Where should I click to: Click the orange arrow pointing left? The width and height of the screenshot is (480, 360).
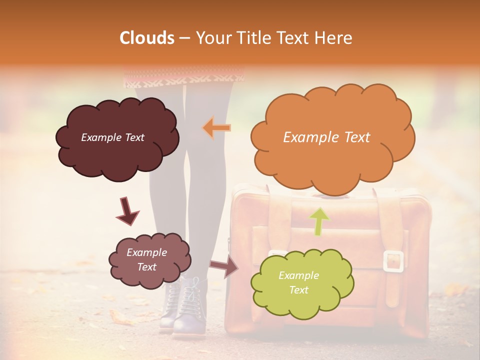pos(216,128)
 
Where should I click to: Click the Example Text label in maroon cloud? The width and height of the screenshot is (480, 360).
pos(112,137)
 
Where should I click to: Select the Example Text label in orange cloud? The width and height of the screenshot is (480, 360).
pos(326,137)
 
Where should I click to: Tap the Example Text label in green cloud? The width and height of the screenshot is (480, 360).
pos(298,282)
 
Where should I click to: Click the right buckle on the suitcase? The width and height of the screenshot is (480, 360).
pos(393,261)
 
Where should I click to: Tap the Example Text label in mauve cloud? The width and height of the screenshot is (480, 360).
pos(146,259)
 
